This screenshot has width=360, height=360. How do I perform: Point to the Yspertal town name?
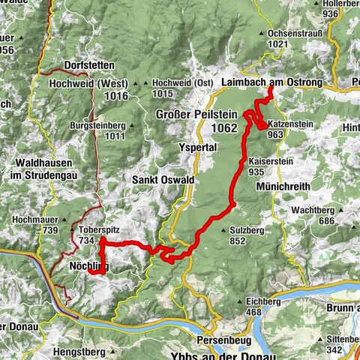click(x=197, y=148)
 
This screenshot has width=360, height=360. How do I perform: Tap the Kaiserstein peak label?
click(x=265, y=161)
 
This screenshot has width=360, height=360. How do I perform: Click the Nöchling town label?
click(x=88, y=266)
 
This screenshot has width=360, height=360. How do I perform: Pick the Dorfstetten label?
click(x=92, y=65)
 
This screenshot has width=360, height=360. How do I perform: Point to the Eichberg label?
click(x=263, y=301)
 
